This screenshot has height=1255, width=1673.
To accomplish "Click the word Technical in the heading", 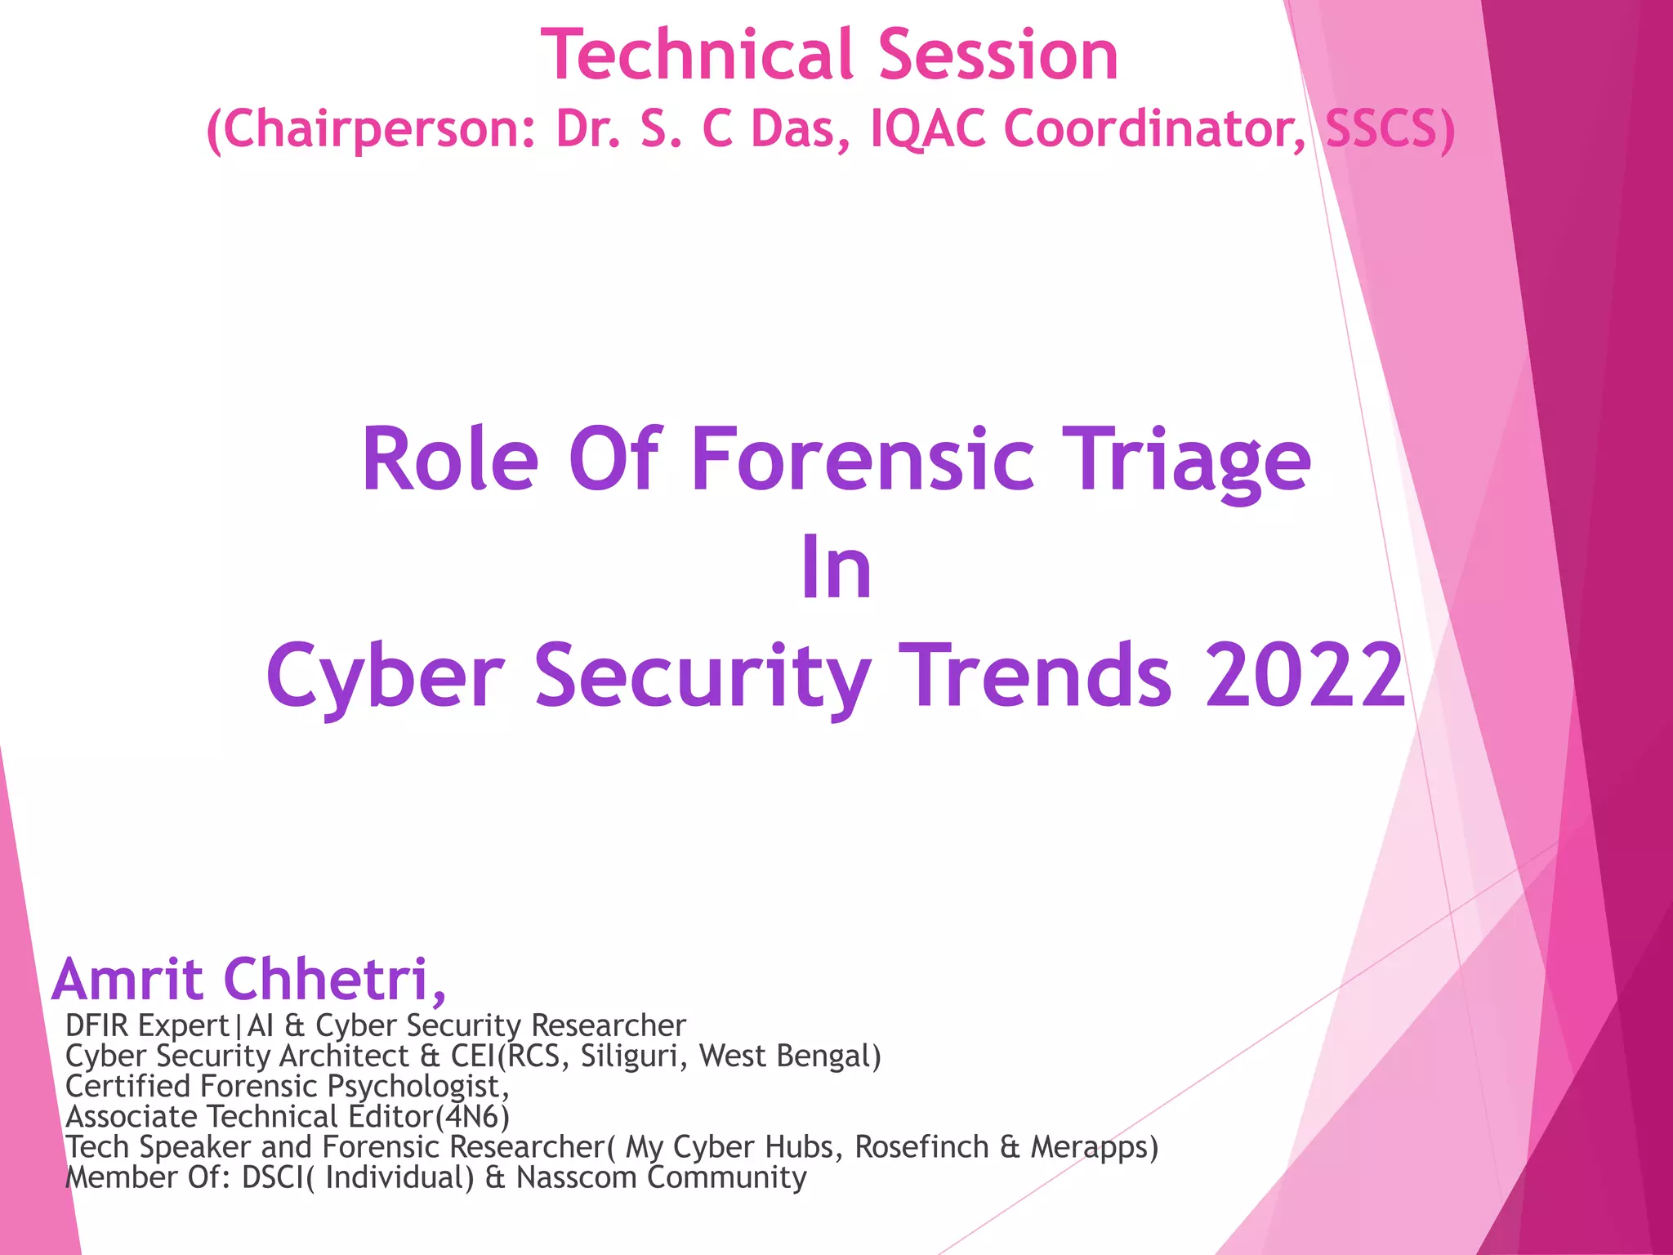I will (x=699, y=56).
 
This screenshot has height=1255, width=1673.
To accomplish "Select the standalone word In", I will (x=836, y=568).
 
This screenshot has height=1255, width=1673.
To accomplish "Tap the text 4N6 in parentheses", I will (x=472, y=1116).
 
